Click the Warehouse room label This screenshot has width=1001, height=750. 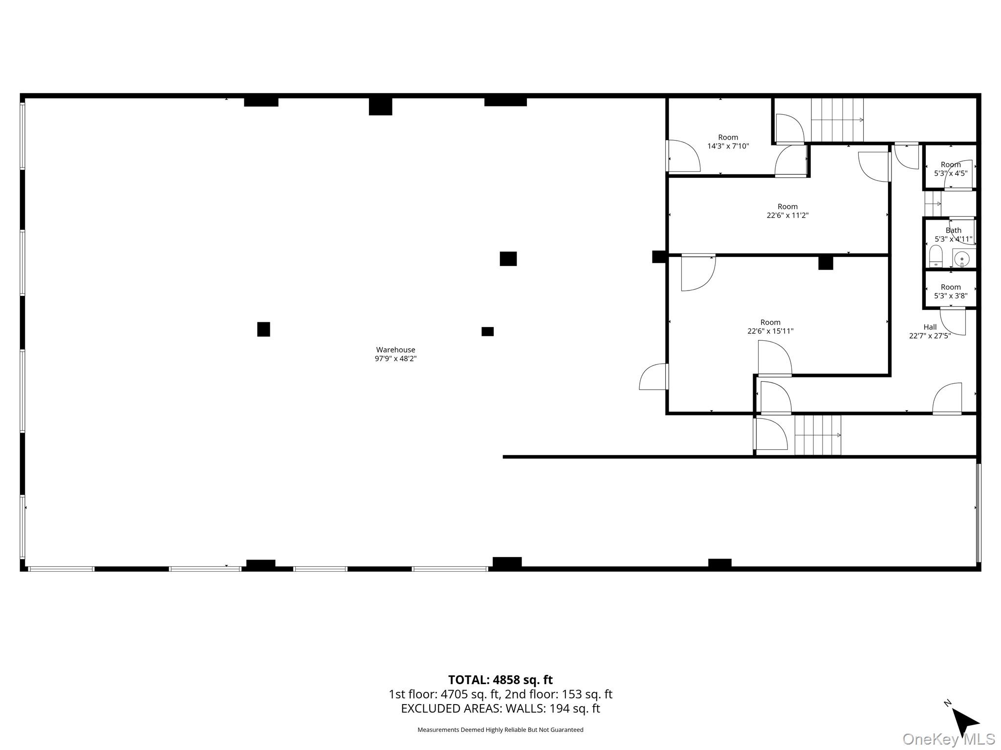click(395, 350)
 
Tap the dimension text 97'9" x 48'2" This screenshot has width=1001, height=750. click(395, 358)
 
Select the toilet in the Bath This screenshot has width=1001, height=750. click(936, 257)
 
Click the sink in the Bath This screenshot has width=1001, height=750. click(962, 259)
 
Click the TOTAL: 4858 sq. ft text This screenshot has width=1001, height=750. click(500, 680)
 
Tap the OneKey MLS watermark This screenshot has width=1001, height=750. click(948, 739)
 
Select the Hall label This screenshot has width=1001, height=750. click(930, 327)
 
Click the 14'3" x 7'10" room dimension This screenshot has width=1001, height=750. click(728, 146)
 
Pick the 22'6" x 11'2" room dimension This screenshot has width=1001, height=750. click(787, 215)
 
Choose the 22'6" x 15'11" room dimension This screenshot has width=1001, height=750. click(770, 331)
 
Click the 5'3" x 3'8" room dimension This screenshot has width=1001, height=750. click(951, 296)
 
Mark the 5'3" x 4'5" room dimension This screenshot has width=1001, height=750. click(951, 173)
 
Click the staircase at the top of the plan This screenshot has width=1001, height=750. click(837, 120)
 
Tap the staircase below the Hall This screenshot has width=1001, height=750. click(818, 435)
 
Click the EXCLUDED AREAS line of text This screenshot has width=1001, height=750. click(500, 708)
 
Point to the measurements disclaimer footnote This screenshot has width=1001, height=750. click(500, 730)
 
